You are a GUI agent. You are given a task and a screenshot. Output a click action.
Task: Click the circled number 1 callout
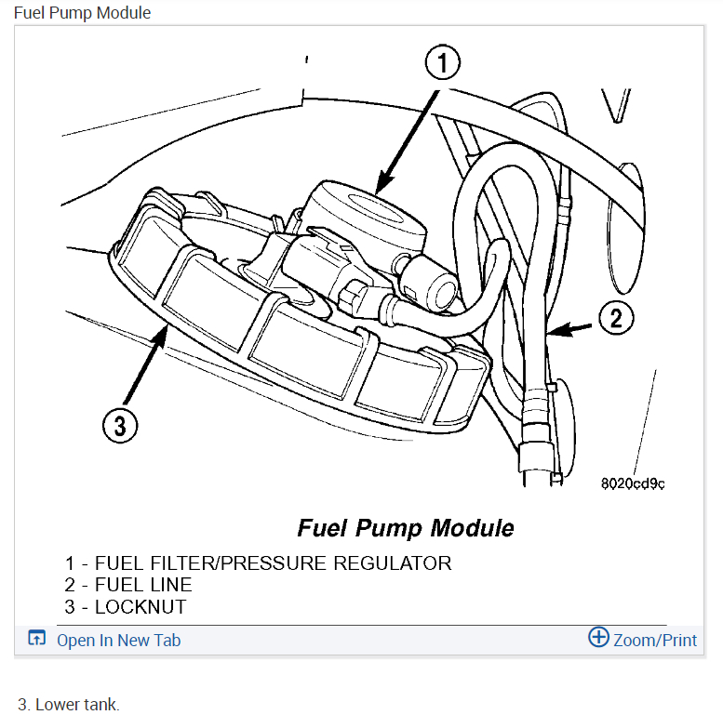(443, 64)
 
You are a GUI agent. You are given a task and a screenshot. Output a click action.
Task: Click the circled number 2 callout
(615, 319)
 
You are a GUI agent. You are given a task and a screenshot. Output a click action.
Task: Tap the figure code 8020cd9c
(633, 483)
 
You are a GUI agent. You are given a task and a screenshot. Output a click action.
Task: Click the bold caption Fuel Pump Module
(405, 528)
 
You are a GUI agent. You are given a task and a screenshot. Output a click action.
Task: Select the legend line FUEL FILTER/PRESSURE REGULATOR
(258, 563)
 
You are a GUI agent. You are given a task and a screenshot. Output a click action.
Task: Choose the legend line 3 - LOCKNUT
(126, 608)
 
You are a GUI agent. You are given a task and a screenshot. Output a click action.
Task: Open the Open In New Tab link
(118, 640)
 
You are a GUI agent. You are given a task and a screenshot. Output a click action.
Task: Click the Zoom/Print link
(655, 640)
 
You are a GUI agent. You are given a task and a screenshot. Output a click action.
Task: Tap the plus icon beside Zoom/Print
(598, 638)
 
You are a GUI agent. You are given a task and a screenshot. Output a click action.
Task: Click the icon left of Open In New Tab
(36, 639)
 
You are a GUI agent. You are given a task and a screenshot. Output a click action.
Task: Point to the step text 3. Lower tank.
(69, 705)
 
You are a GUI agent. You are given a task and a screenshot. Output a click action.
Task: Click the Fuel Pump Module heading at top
(82, 13)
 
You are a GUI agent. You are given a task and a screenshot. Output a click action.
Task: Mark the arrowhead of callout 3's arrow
(164, 333)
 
